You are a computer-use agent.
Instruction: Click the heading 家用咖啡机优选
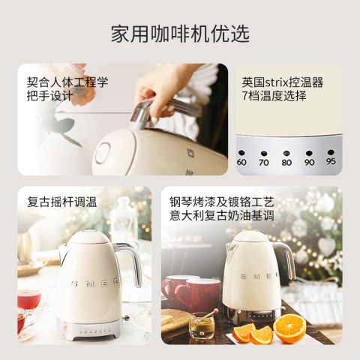coord(180,34)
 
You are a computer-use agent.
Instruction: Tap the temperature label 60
coord(241,162)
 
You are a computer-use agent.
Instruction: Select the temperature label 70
coord(264,163)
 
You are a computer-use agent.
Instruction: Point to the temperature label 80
coord(286,163)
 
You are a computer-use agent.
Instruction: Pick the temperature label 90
coord(309,162)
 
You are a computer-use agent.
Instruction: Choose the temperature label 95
coord(331,161)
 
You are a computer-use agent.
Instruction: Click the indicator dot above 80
coord(286,153)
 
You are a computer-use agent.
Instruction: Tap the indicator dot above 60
coord(241,153)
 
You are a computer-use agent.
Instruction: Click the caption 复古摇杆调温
coord(62,202)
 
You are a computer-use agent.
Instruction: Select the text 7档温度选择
coord(274,96)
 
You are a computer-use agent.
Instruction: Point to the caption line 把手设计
coord(50,96)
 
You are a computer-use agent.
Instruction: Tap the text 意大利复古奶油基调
coord(222,215)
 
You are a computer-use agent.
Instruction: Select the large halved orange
coord(289,328)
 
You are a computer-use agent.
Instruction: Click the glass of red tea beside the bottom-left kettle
coord(29,301)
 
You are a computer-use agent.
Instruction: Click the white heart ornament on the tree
coord(327,246)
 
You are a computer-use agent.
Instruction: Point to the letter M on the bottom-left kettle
coord(91,283)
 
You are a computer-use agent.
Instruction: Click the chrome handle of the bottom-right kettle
coord(286,260)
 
